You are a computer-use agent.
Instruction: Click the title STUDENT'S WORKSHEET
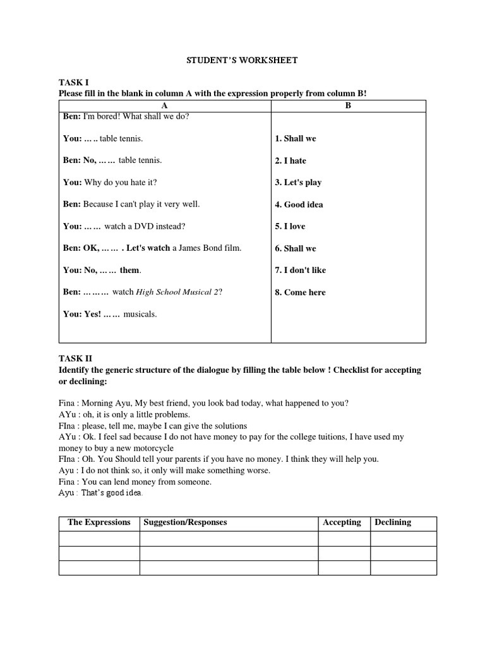(x=242, y=61)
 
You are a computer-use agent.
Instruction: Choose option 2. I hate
(x=290, y=160)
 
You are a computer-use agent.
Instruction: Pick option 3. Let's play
(x=298, y=183)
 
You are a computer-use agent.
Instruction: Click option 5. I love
(x=290, y=226)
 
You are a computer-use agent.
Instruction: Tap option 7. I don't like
(x=301, y=270)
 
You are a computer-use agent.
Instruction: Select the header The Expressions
(x=99, y=523)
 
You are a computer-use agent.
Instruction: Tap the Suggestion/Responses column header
(x=185, y=523)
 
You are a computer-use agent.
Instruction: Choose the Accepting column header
(x=342, y=523)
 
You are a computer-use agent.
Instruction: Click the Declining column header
(x=393, y=523)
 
